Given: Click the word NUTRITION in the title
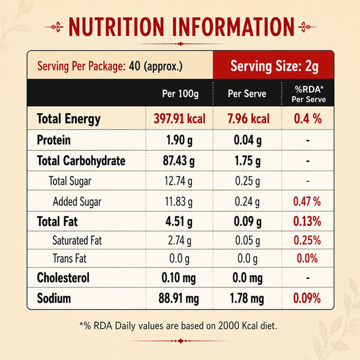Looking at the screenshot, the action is pos(116,27).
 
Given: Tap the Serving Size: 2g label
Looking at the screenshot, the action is pos(274,67).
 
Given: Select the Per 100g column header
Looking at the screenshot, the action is pos(180,94).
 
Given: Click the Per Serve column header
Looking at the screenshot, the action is pos(247,94).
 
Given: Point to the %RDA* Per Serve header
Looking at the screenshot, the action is pos(309,94).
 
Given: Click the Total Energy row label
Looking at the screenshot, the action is pos(68,119).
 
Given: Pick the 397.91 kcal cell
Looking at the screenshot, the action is pos(179,119).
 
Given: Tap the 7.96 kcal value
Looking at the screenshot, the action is pos(248,119).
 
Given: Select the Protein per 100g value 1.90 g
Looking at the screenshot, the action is pos(179,140).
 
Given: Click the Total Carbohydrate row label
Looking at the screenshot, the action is pos(81,160).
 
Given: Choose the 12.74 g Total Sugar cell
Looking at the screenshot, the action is pos(178,181).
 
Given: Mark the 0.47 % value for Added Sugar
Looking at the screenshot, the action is pos(307,202).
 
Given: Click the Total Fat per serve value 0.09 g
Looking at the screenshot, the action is pos(247,221).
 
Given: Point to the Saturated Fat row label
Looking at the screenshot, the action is pos(77,241).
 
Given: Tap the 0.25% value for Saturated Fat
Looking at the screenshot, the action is pos(307,241).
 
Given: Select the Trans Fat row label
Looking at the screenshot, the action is pos(70,258).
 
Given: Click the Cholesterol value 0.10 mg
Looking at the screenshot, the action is pos(179,278).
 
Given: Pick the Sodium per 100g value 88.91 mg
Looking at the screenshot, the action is pos(179,298).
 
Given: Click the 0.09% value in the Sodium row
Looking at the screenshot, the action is pos(307,298).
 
